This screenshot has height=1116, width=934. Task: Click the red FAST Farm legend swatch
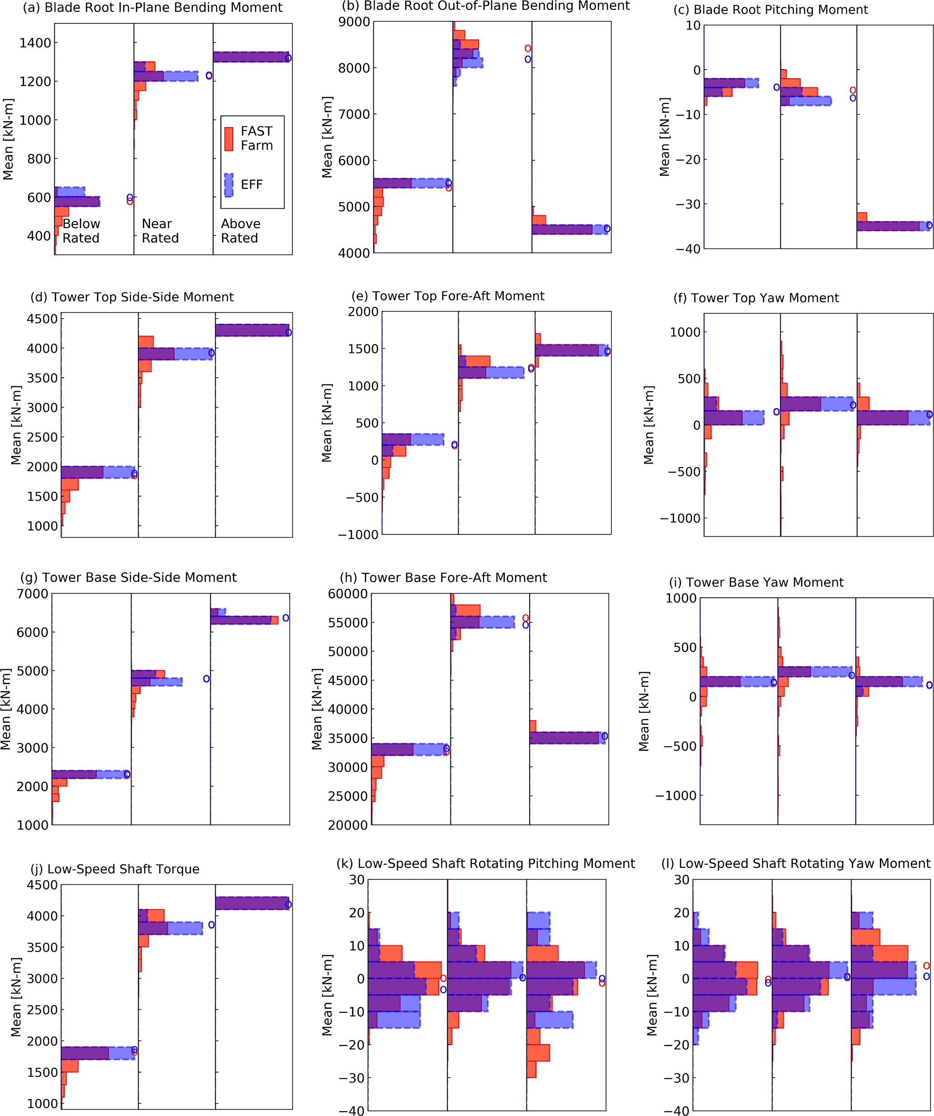pos(229,139)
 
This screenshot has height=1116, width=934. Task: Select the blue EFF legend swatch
pos(229,185)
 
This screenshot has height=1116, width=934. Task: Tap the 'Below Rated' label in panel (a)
pos(81,230)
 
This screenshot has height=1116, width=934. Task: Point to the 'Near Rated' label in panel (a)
pos(160,230)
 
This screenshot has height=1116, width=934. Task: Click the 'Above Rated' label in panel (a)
pos(240,230)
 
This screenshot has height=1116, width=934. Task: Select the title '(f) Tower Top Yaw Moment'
pos(756,298)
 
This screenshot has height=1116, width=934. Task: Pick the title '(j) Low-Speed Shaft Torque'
pos(115,869)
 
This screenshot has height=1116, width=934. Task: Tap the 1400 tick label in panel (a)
pos(35,43)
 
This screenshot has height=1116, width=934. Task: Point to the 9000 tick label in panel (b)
pos(354,22)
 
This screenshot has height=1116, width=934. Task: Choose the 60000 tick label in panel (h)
pos(347,594)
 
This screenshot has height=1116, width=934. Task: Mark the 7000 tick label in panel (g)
pos(33,594)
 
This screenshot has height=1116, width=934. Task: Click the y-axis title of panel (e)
pos(326,423)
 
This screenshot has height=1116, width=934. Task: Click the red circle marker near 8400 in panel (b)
pos(528,48)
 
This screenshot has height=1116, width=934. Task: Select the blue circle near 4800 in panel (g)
pos(206,679)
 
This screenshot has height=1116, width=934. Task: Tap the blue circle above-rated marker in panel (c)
pos(929,225)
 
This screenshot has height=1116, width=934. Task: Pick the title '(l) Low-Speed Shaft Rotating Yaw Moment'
pos(796,863)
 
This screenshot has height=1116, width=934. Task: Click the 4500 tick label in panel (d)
pos(42,319)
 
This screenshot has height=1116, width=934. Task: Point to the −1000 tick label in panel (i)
pos(675,796)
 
